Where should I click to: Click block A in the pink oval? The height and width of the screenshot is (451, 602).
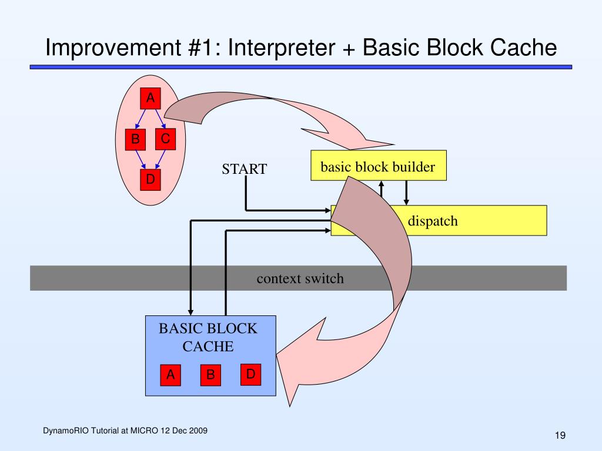click(150, 98)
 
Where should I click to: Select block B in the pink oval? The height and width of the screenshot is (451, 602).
click(135, 139)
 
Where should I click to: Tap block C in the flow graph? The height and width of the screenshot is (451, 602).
click(165, 139)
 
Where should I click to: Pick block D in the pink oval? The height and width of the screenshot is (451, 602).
click(150, 180)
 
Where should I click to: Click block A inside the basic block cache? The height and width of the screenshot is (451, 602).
click(170, 375)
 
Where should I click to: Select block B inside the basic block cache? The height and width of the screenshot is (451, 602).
click(210, 375)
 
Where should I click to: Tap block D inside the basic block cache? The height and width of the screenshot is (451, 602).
click(250, 374)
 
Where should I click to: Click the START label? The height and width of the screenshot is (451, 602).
click(244, 169)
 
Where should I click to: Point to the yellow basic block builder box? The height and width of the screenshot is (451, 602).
click(379, 165)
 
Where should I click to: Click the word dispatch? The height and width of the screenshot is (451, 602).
click(433, 221)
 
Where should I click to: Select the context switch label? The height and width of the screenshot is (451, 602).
click(300, 278)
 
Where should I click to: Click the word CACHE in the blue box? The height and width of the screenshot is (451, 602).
click(208, 346)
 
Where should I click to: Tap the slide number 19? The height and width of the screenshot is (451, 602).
click(560, 435)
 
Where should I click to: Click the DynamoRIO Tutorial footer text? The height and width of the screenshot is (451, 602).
click(125, 430)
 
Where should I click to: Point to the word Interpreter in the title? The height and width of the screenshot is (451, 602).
click(282, 48)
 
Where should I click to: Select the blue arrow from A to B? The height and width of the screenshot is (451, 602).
click(141, 119)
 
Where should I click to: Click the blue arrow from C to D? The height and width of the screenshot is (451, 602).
click(160, 159)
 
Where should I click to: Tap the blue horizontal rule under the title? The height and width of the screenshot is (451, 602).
click(301, 67)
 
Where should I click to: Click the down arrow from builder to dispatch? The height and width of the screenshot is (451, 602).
click(406, 193)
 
